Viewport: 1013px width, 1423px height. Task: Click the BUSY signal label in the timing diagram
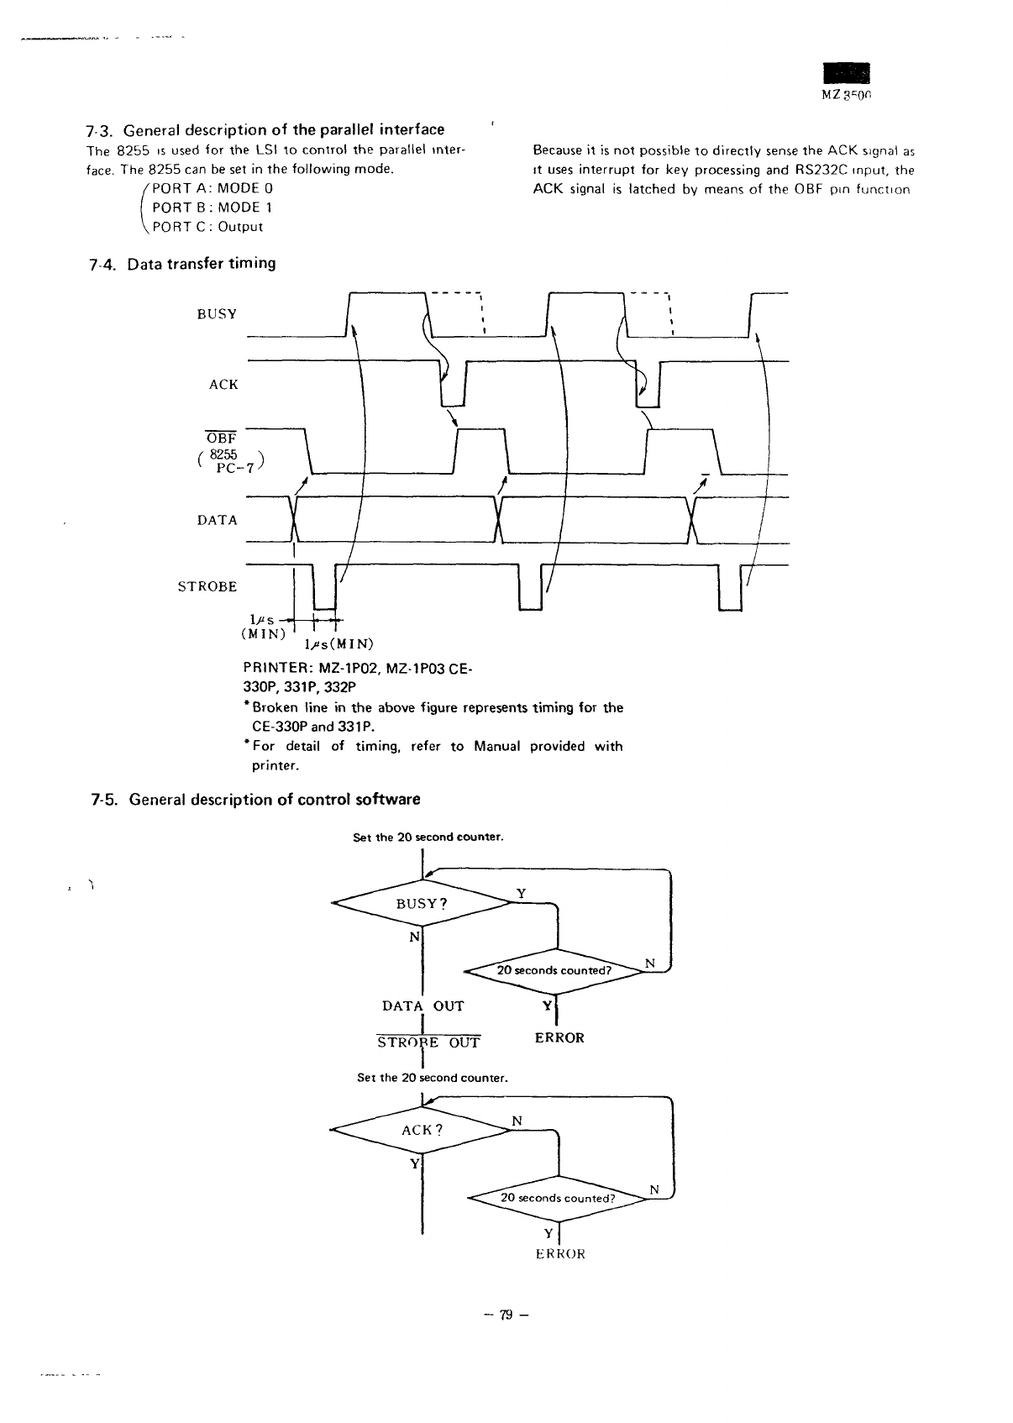(217, 314)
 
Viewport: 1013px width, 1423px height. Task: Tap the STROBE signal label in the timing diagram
(207, 586)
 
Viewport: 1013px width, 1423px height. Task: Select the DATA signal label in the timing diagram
(218, 520)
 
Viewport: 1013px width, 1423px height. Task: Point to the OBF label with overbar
(222, 438)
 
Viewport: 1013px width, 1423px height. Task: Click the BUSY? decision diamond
(421, 904)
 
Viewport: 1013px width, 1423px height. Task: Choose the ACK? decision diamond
(421, 1130)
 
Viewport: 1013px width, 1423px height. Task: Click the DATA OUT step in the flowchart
(423, 1006)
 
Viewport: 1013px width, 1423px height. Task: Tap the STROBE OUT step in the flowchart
(428, 1043)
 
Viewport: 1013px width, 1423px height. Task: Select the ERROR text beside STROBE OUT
(559, 1038)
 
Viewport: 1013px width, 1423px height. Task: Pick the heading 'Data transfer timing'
(202, 264)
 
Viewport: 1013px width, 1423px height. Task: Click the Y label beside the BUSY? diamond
(521, 894)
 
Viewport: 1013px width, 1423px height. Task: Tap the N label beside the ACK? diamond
(517, 1121)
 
